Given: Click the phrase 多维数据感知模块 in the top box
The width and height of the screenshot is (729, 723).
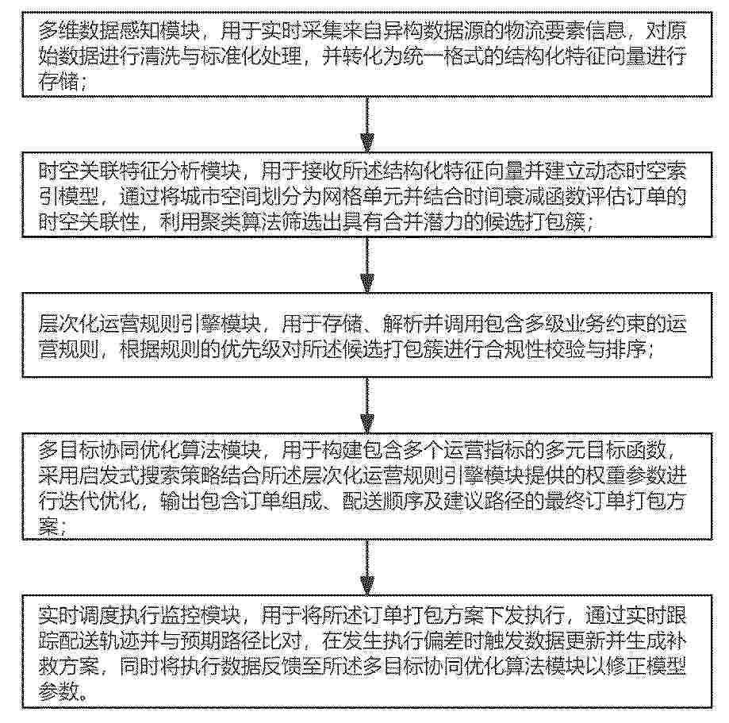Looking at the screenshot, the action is pyautogui.click(x=120, y=32).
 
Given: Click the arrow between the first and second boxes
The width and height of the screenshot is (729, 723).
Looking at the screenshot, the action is pyautogui.click(x=367, y=124).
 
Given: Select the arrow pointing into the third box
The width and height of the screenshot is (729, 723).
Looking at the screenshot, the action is pyautogui.click(x=367, y=265).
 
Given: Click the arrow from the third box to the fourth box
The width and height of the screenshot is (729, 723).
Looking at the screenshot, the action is pyautogui.click(x=367, y=405).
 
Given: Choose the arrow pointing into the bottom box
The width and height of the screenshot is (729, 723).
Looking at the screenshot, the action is pyautogui.click(x=367, y=567).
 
